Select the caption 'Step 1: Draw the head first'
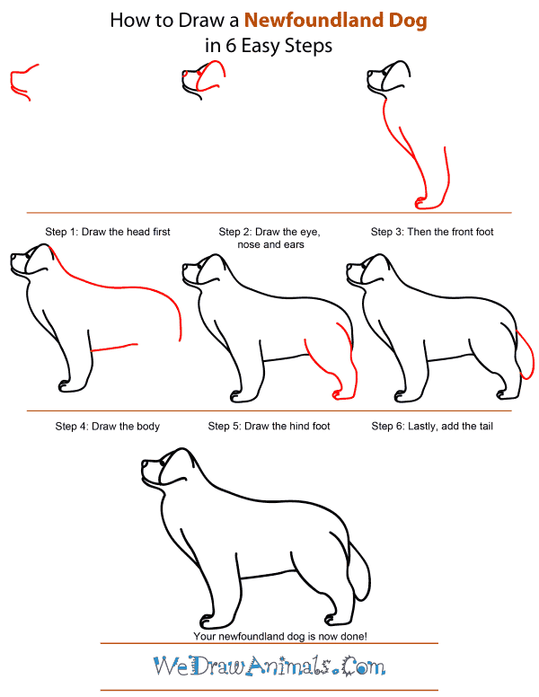(108, 232)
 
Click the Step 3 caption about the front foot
(432, 232)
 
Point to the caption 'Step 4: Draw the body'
(108, 426)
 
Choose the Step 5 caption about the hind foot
(269, 426)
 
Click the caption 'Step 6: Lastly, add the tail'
(432, 426)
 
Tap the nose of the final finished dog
(144, 465)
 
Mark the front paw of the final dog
(208, 621)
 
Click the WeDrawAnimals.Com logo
(269, 666)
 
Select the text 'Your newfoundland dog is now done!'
(269, 636)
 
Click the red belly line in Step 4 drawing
(115, 347)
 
